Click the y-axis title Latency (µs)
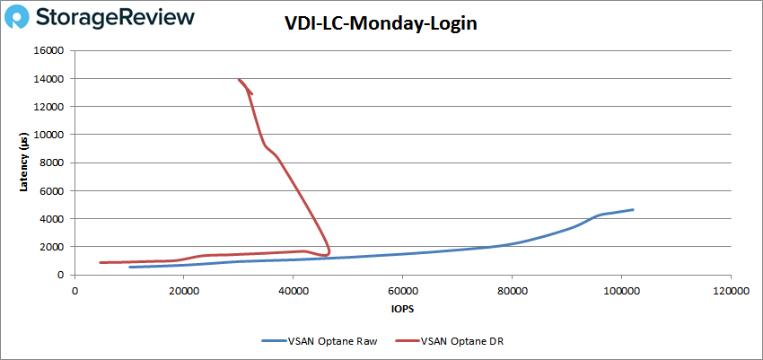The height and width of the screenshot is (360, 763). click(x=24, y=162)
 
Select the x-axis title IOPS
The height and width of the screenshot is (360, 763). click(x=402, y=308)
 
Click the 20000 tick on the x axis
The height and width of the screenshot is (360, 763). click(x=184, y=290)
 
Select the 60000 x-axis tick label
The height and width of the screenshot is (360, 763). click(x=402, y=290)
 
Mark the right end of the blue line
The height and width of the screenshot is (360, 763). click(x=633, y=210)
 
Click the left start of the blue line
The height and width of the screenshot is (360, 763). click(x=130, y=267)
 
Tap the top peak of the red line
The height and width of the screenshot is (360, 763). click(x=239, y=79)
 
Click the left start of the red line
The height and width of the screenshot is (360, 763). click(x=101, y=262)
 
